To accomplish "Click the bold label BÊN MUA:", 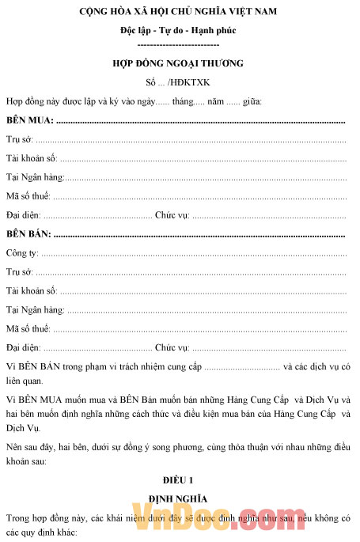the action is click(x=30, y=120).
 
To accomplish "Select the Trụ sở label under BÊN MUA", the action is click(x=21, y=139).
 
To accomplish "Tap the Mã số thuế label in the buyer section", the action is click(x=28, y=196).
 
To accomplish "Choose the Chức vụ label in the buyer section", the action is click(x=171, y=215).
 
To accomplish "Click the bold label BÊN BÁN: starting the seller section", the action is click(x=29, y=234).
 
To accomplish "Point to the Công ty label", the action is click(x=22, y=253).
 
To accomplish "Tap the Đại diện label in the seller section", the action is click(x=23, y=347).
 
